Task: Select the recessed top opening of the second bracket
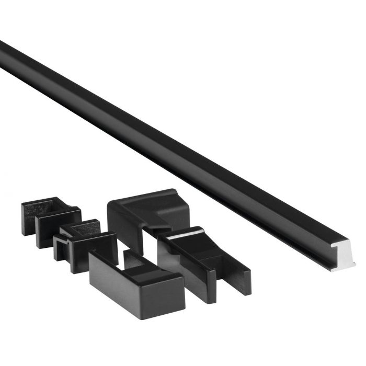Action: (x=84, y=230)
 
